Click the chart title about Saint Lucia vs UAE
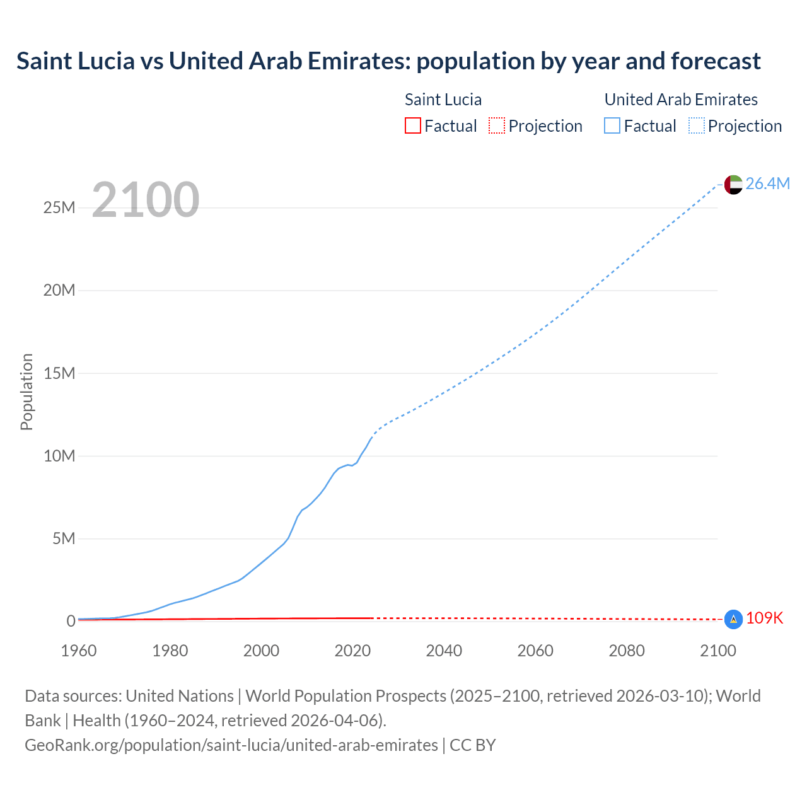pyautogui.click(x=388, y=61)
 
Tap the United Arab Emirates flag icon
pyautogui.click(x=733, y=184)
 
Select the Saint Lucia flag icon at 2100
pyautogui.click(x=733, y=619)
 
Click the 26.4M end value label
pyautogui.click(x=767, y=183)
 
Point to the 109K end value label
pyautogui.click(x=764, y=618)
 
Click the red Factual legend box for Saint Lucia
pyautogui.click(x=412, y=125)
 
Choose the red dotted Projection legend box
pyautogui.click(x=497, y=125)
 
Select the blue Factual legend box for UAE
pyautogui.click(x=612, y=125)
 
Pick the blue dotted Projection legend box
pyautogui.click(x=696, y=125)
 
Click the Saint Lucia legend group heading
pyautogui.click(x=443, y=100)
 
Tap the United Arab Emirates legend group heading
pyautogui.click(x=681, y=100)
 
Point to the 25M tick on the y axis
pyautogui.click(x=59, y=207)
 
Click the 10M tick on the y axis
pyautogui.click(x=59, y=456)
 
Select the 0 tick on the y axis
pyautogui.click(x=71, y=621)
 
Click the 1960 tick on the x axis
pyautogui.click(x=79, y=651)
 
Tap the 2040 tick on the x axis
pyautogui.click(x=444, y=651)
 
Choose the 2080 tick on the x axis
pyautogui.click(x=627, y=651)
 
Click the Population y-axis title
pyautogui.click(x=26, y=392)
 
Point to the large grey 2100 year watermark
pyautogui.click(x=146, y=200)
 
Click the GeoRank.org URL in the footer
pyautogui.click(x=231, y=745)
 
